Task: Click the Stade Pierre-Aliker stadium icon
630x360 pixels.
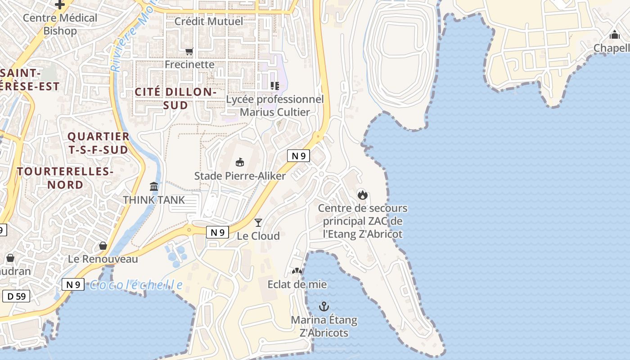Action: point(240,162)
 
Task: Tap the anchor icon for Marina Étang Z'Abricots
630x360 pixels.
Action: point(324,306)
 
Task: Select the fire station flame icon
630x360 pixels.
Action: point(362,195)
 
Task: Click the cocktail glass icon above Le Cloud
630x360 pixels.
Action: point(258,222)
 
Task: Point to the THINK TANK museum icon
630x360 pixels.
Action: point(154,186)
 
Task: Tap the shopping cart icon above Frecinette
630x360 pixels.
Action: point(189,51)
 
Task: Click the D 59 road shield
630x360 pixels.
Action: point(16,296)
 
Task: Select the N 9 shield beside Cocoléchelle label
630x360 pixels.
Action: point(73,284)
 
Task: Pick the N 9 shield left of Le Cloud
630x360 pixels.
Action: point(217,232)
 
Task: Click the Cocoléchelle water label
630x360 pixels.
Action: point(136,285)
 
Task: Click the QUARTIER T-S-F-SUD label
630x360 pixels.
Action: point(98,143)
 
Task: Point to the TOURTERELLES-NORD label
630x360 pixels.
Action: point(65,178)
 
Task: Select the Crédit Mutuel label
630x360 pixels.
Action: point(208,21)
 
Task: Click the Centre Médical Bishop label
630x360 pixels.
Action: point(60,24)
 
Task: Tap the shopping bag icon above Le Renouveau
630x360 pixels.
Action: point(103,246)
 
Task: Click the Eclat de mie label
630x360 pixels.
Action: point(297,284)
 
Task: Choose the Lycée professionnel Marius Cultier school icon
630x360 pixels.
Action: point(274,85)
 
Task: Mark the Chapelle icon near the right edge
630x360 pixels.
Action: point(615,35)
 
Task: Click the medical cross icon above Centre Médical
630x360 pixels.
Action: point(60,4)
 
